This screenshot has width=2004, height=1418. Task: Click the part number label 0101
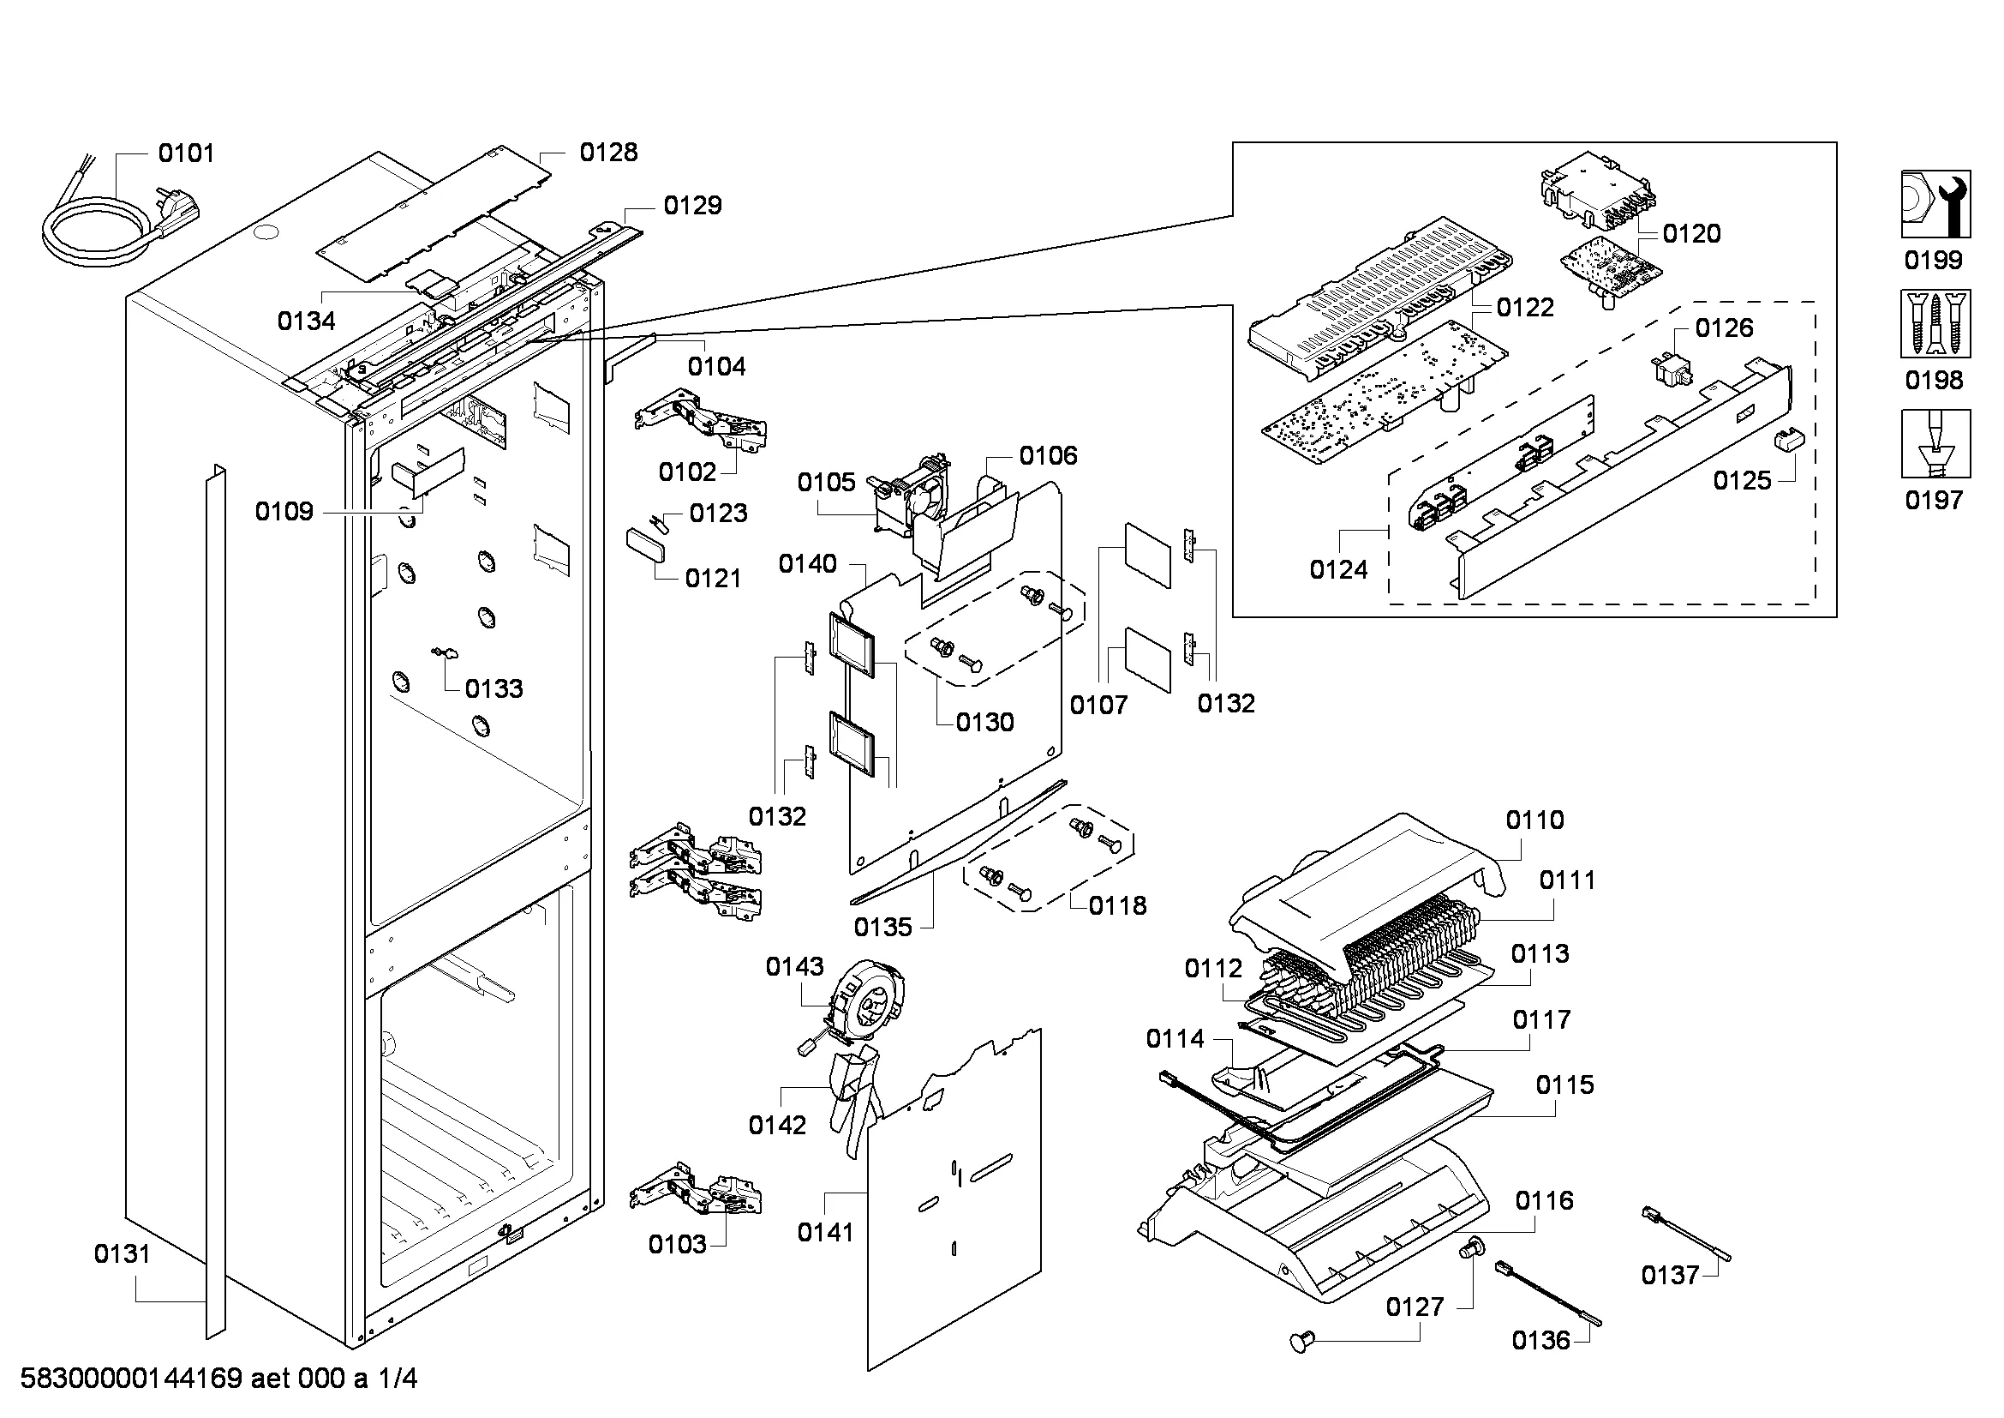[186, 153]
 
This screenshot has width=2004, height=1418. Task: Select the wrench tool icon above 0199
[1935, 204]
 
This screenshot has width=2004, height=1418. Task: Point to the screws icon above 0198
[1935, 325]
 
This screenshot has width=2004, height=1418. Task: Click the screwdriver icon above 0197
[1935, 443]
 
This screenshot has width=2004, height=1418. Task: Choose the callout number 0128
[608, 153]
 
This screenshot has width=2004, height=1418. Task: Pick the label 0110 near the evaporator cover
[1535, 820]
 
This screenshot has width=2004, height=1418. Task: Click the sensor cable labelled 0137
[1684, 1234]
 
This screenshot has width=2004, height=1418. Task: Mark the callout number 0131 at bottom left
[123, 1255]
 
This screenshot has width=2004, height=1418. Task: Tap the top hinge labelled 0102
[703, 424]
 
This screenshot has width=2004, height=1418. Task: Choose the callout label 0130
[984, 722]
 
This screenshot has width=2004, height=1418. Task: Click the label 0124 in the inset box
[1338, 570]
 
